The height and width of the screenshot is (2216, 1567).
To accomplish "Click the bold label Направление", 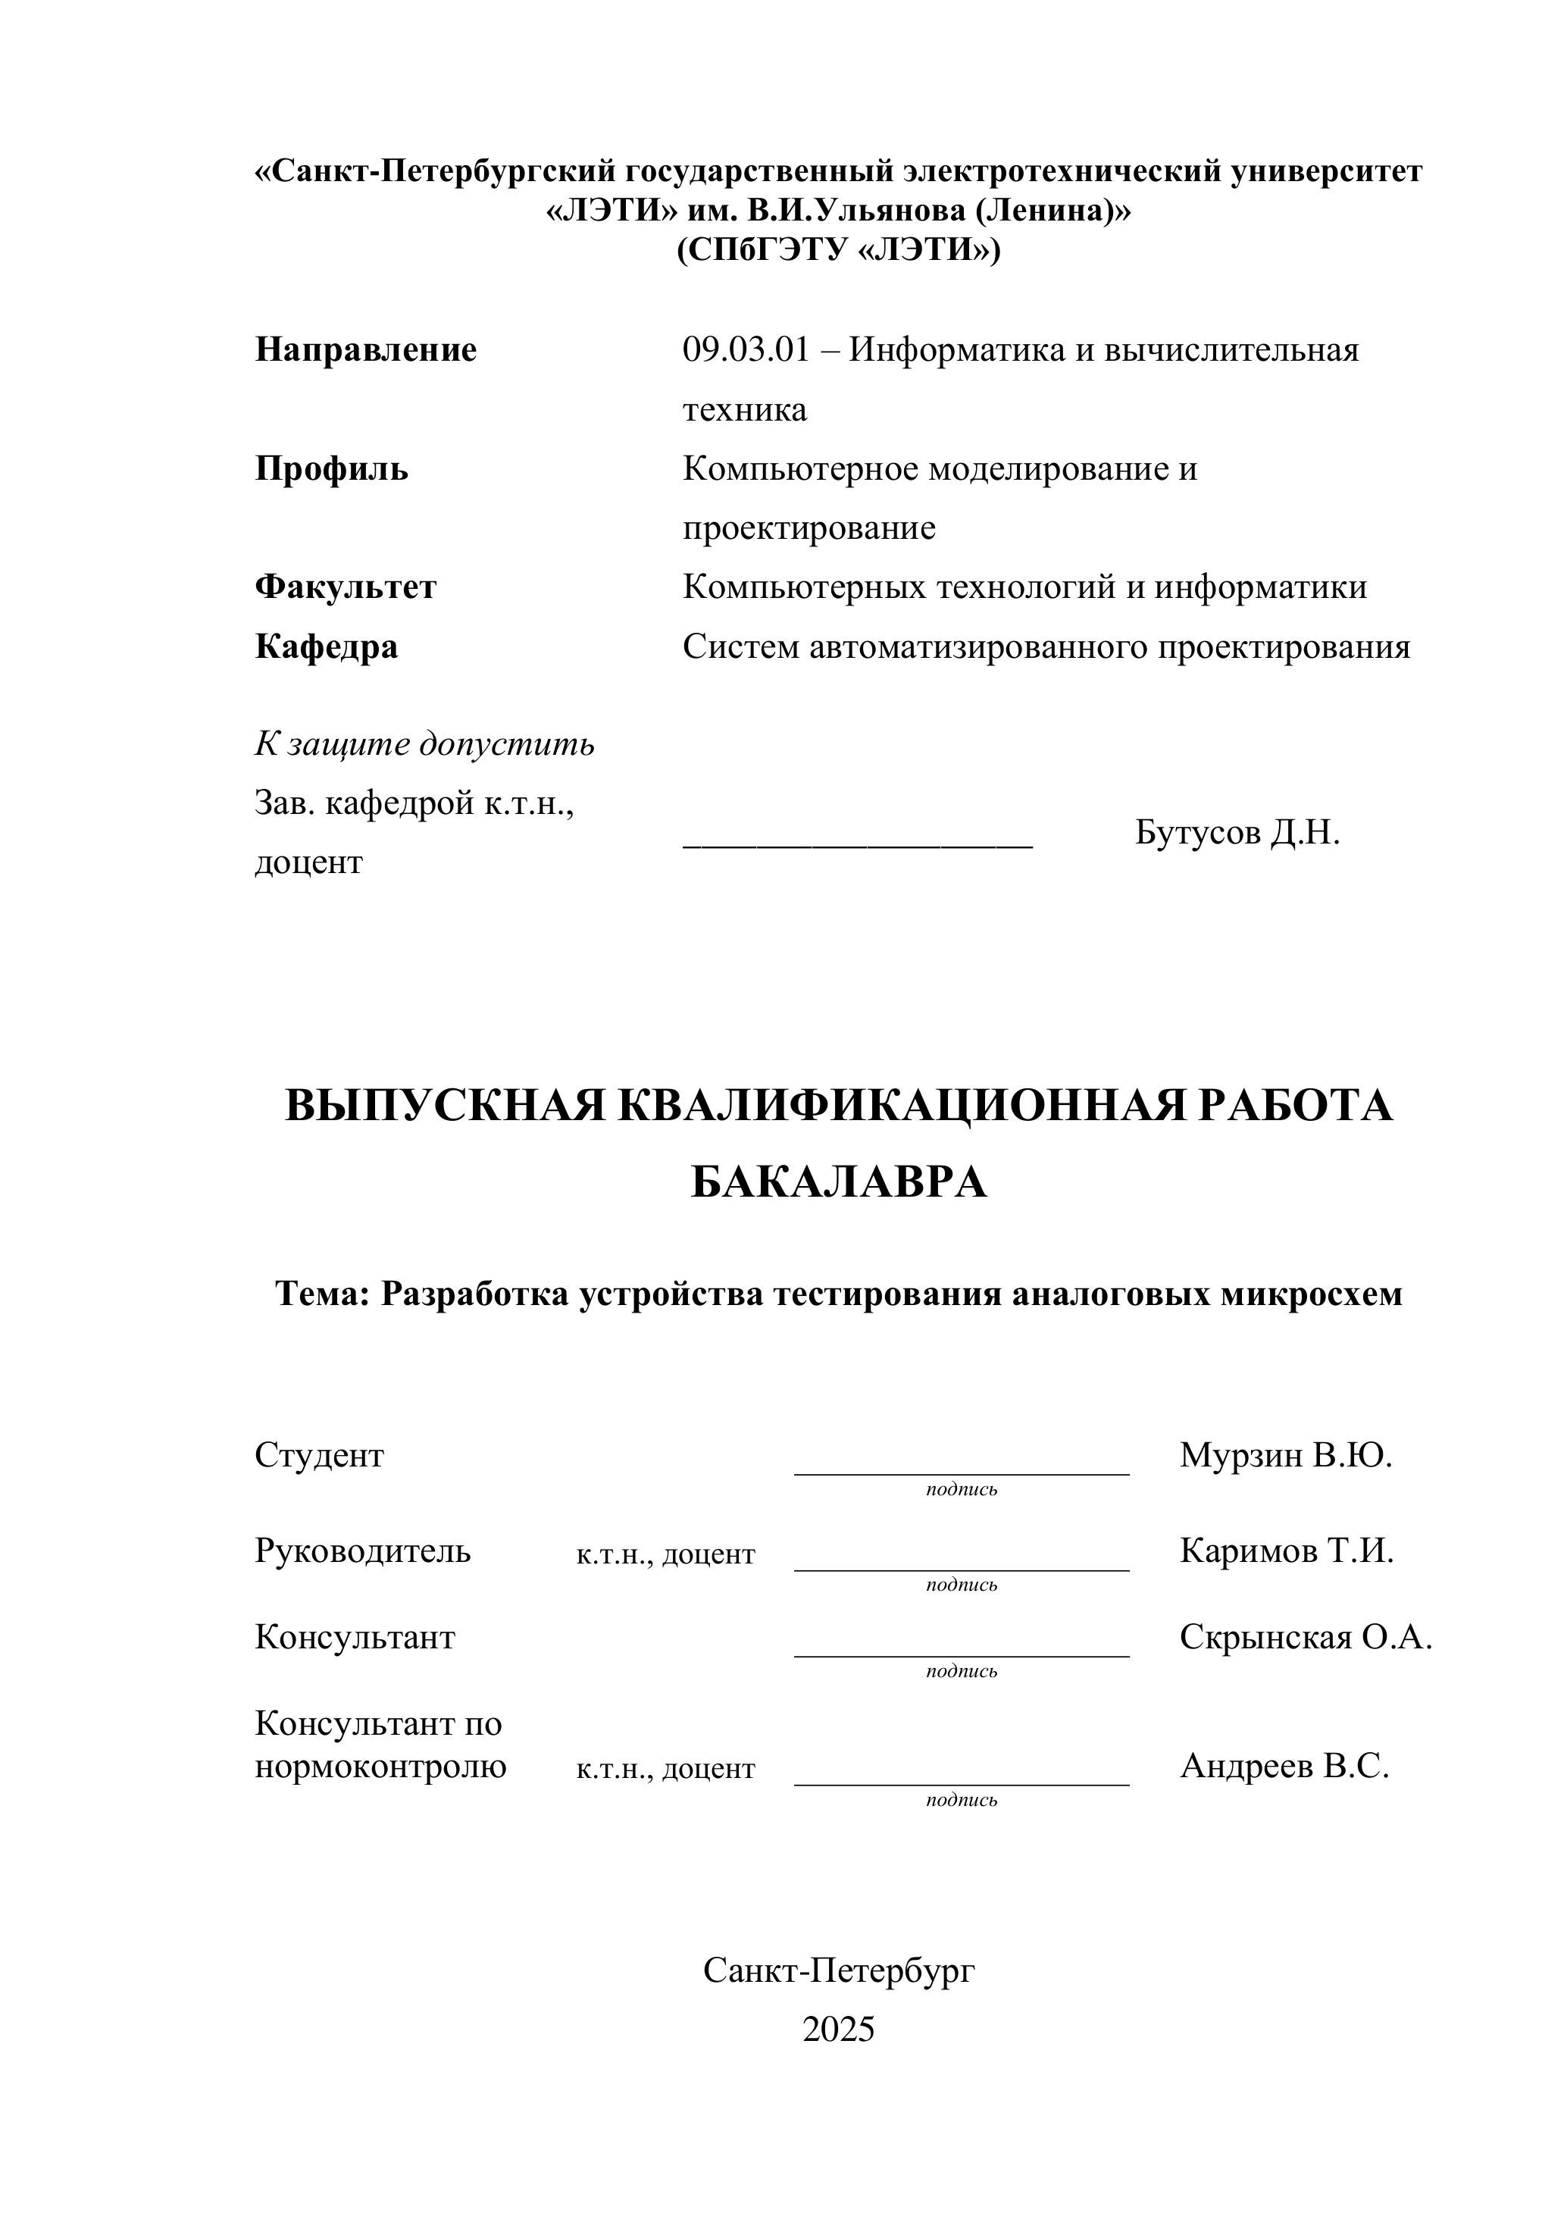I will point(366,349).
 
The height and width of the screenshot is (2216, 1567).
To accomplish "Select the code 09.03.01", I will point(745,349).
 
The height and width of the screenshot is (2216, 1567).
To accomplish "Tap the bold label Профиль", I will point(331,469).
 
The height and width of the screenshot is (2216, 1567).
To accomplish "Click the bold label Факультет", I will point(346,587).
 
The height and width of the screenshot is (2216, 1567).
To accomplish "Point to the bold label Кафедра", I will point(326,646).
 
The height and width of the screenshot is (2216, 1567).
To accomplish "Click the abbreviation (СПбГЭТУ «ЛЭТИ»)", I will point(839,250).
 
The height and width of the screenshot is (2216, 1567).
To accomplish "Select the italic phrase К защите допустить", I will point(424,744).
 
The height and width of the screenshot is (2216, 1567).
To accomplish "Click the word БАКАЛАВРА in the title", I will point(839,1182).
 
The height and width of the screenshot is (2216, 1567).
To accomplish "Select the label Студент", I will point(319,1454).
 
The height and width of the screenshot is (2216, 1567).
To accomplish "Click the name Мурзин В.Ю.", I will point(1285,1454).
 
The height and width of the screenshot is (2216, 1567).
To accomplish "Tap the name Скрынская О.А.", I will point(1306,1637).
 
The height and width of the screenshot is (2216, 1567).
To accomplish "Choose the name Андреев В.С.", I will point(1284,1767).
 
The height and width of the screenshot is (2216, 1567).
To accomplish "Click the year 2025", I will point(839,2030).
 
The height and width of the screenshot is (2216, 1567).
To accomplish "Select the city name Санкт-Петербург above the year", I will point(839,1970).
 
